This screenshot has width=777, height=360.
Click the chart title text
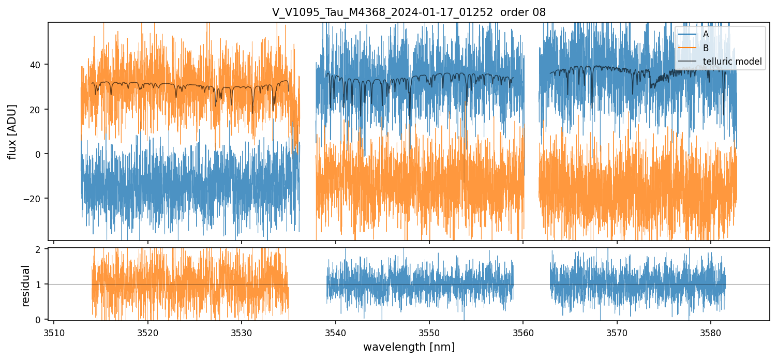click(409, 12)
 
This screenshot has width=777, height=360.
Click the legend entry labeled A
click(706, 34)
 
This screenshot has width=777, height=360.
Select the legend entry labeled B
click(706, 48)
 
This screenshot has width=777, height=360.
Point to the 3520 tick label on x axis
click(147, 332)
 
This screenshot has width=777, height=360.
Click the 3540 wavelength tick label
click(335, 332)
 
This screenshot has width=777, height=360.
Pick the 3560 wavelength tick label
click(523, 332)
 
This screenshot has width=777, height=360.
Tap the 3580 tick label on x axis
click(710, 332)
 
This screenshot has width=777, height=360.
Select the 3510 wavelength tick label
click(54, 332)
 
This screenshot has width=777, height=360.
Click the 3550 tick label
click(429, 332)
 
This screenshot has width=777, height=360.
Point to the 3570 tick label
click(617, 332)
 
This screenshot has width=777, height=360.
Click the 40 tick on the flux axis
click(38, 65)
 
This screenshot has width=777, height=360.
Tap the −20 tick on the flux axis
click(34, 199)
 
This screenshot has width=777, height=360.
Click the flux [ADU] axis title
click(12, 131)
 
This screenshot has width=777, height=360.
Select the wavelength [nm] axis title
click(409, 347)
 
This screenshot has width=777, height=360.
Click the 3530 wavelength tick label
click(242, 332)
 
